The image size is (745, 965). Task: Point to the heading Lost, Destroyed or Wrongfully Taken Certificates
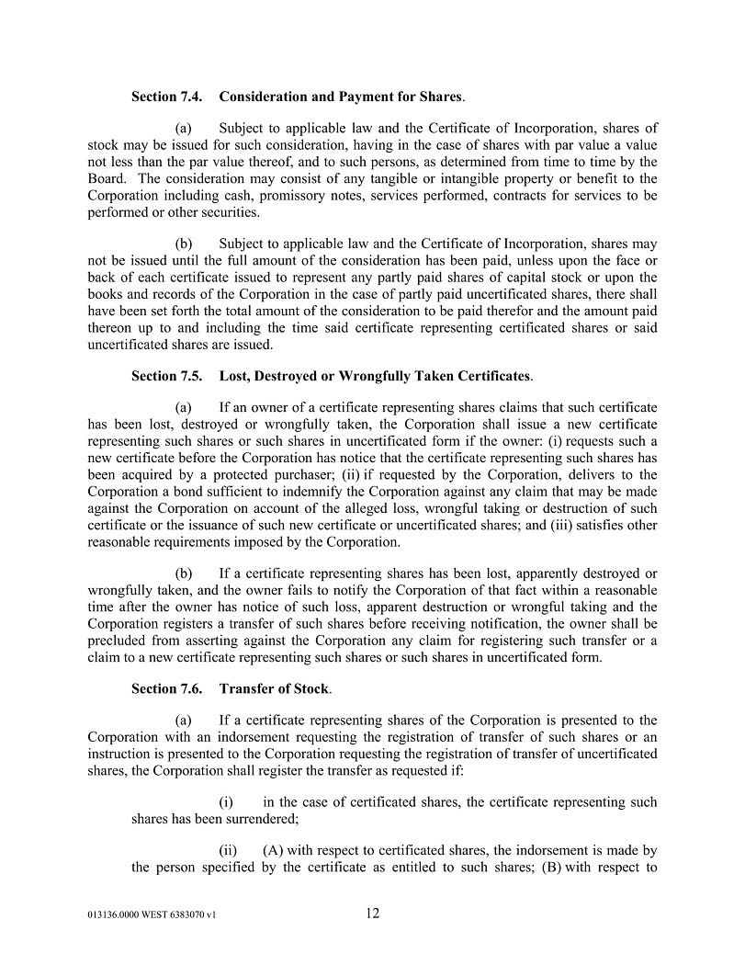click(375, 376)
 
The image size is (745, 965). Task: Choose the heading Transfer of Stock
click(274, 688)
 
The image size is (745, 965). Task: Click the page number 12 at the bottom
click(372, 914)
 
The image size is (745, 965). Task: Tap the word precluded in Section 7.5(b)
click(119, 641)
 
